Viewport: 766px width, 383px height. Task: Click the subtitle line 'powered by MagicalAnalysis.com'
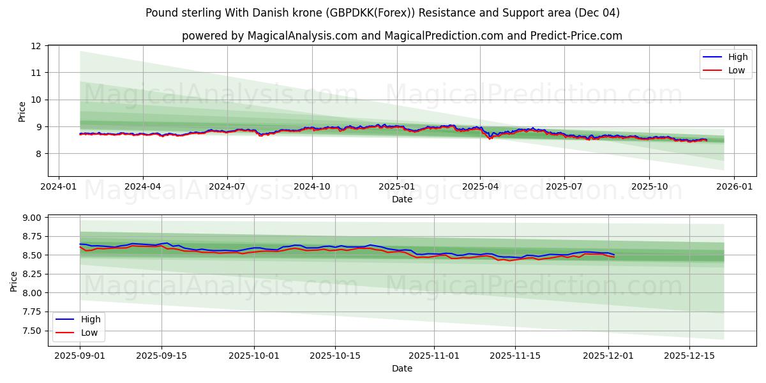coord(402,36)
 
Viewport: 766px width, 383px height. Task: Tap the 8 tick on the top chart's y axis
coord(38,154)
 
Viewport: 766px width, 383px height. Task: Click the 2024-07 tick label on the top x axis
coord(227,188)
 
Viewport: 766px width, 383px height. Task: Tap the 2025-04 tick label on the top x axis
coord(480,188)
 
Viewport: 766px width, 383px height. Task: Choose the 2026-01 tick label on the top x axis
coord(733,188)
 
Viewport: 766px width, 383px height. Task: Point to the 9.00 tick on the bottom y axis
coord(30,218)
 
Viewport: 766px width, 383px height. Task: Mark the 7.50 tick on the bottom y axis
coord(30,331)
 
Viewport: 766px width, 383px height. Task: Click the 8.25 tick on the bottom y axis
coord(30,274)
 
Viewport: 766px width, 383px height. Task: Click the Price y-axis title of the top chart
coord(22,112)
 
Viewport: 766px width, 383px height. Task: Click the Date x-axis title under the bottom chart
coord(402,368)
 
